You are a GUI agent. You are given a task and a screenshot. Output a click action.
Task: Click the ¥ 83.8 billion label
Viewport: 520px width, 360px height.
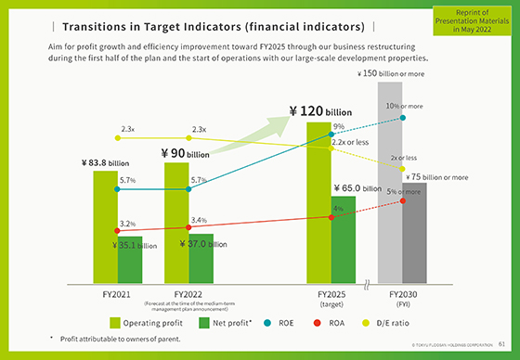(105, 163)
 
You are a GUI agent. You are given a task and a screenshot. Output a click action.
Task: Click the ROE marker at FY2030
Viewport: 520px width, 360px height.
(403, 118)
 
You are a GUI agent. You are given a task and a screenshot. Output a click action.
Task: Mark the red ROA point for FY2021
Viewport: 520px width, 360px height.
(117, 231)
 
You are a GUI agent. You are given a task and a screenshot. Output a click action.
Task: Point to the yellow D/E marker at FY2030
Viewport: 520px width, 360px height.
(402, 169)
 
